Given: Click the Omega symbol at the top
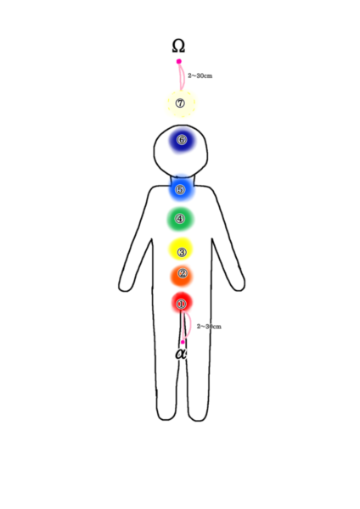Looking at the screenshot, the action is pos(178,46).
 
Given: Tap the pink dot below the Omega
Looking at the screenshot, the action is pos(179,61).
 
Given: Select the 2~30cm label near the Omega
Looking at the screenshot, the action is pos(200,76).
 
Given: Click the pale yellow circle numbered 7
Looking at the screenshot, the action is pos(182,103).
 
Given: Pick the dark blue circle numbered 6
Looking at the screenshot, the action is pos(182,141).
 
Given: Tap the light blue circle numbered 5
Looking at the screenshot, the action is pos(182,189).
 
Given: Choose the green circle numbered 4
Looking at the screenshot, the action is pos(180,219).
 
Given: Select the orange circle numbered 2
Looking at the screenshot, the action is pos(182,275).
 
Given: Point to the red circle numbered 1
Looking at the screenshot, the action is pos(182,303).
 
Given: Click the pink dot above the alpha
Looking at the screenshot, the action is pos(183,342).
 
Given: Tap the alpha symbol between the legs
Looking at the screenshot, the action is pos(181,354).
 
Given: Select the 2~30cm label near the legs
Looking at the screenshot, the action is pos(209,327).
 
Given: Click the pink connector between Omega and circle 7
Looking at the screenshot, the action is pos(183,76).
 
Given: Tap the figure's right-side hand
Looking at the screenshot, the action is pos(238,283).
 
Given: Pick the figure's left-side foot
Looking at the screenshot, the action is pos(167,413).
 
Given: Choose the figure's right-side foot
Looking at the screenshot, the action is pos(198,414).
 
